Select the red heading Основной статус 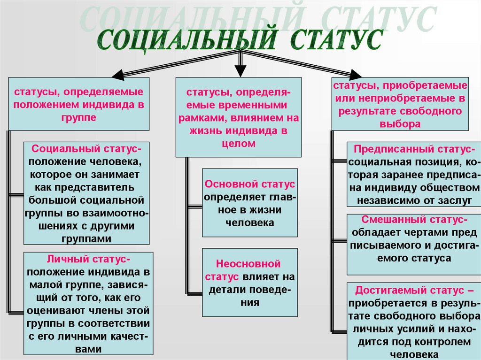point(250,184)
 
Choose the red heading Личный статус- point(88,259)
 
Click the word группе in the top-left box point(78,117)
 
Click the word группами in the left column point(87,238)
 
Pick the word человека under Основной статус point(249,223)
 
